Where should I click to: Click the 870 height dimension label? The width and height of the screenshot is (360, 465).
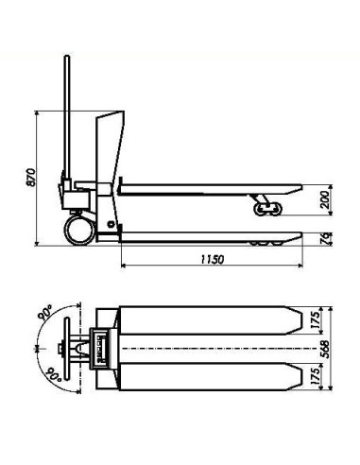click(31, 178)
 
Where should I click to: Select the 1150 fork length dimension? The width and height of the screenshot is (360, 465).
click(213, 259)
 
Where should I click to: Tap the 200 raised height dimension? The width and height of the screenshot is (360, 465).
click(324, 199)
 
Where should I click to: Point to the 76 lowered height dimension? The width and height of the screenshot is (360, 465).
click(326, 238)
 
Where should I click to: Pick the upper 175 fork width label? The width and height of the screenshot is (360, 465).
click(316, 319)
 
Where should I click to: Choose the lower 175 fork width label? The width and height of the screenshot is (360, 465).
click(316, 376)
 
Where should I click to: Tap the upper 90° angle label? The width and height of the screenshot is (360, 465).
click(46, 313)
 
